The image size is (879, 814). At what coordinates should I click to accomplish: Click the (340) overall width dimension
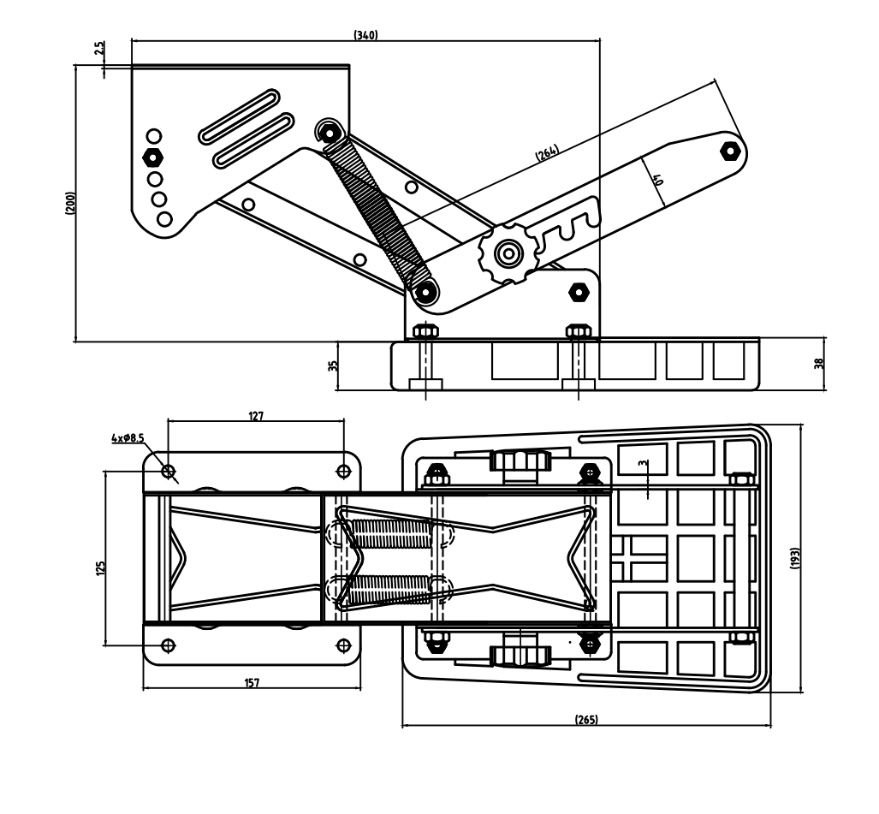click(x=365, y=35)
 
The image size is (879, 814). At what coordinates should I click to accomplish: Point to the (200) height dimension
click(x=70, y=203)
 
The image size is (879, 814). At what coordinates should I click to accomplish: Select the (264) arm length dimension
click(x=547, y=153)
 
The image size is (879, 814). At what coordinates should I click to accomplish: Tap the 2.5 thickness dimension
click(x=99, y=48)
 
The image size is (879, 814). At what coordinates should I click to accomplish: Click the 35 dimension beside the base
click(x=333, y=365)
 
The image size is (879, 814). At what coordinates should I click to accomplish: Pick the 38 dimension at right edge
click(x=819, y=363)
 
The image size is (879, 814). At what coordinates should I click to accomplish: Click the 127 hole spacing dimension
click(x=256, y=416)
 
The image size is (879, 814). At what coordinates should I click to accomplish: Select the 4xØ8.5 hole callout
click(x=128, y=438)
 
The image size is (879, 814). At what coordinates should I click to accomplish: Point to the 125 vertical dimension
click(x=100, y=568)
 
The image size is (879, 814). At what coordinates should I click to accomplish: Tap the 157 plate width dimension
click(x=252, y=683)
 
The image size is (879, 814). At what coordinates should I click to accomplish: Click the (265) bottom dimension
click(x=586, y=719)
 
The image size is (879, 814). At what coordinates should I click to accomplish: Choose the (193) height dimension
click(x=794, y=558)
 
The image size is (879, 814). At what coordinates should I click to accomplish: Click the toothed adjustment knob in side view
click(x=508, y=253)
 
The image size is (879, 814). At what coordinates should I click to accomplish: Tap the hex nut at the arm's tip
click(x=729, y=151)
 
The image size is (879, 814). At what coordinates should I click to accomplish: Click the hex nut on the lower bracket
click(x=579, y=292)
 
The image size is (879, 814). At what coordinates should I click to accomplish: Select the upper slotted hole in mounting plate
click(x=240, y=116)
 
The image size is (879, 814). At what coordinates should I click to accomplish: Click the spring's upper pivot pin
click(x=329, y=133)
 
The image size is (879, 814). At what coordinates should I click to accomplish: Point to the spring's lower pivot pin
click(x=425, y=292)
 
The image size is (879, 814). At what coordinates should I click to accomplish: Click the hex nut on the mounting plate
click(x=152, y=157)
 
